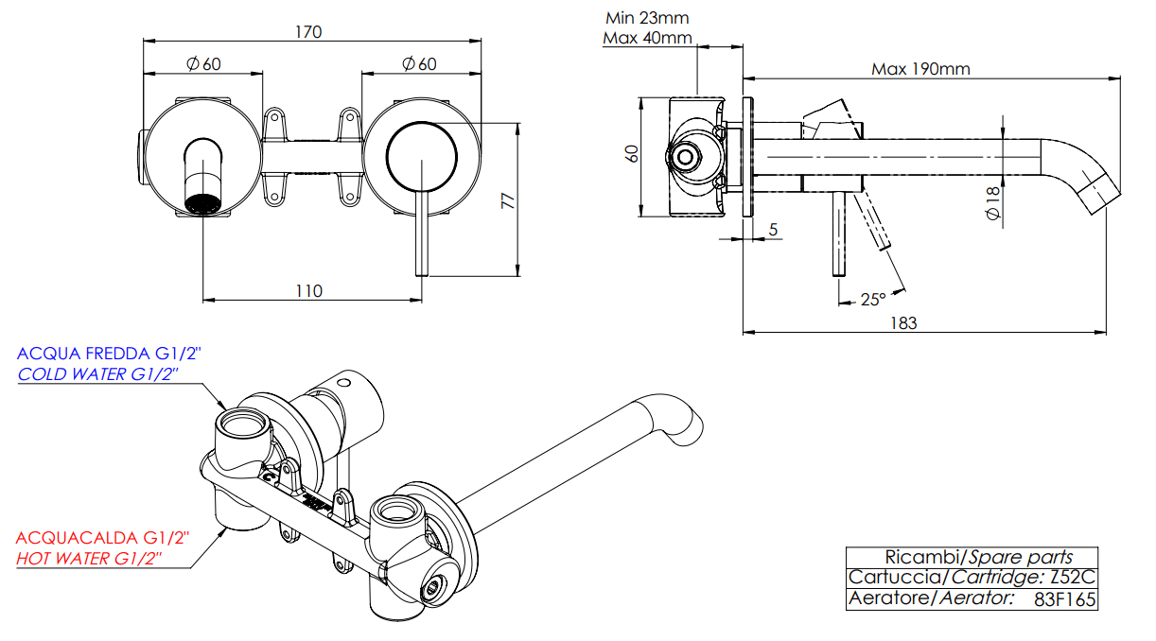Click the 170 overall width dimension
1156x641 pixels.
coord(308,32)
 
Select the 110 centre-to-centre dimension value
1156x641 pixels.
coord(308,290)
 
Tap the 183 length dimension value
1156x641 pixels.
coord(904,322)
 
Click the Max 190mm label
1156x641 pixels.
coord(920,68)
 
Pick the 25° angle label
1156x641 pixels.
coord(872,300)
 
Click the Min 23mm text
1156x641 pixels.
coord(647,17)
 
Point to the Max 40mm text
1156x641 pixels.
coord(647,39)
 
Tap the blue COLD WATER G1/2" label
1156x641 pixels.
coord(98,374)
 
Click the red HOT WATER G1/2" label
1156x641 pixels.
coord(89,559)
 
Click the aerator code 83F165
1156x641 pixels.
coord(1065,598)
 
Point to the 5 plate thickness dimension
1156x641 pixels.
coord(773,230)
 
